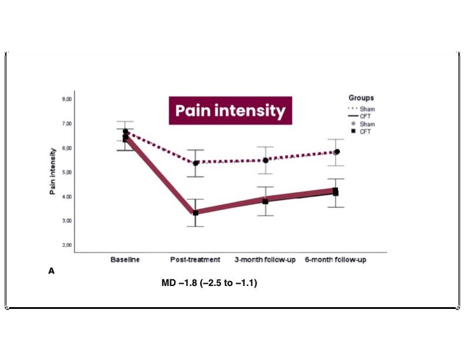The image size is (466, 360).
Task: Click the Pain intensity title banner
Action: tap(230, 110)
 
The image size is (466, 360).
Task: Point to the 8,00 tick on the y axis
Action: tap(66, 99)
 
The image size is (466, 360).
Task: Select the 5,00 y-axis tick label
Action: tap(66, 172)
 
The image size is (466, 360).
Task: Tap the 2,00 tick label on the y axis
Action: tap(66, 245)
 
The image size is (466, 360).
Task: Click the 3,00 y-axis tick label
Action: tap(66, 221)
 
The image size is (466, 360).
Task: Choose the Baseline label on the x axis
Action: tap(125, 260)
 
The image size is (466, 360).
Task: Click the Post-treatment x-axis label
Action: tap(195, 260)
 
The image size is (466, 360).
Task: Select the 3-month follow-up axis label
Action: tap(265, 260)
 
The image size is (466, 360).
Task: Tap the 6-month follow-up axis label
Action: tap(335, 260)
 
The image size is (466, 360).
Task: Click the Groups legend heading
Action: tap(361, 98)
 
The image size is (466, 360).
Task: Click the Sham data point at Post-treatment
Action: tap(195, 163)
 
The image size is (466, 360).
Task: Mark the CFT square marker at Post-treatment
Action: tap(195, 213)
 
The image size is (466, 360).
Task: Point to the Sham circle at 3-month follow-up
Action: tap(265, 160)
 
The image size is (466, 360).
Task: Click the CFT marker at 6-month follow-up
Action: tap(335, 191)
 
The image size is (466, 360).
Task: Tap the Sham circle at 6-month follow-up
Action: tap(337, 152)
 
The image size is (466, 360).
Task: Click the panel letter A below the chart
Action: tap(51, 271)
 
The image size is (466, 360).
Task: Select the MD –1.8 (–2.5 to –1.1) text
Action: tap(210, 284)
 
